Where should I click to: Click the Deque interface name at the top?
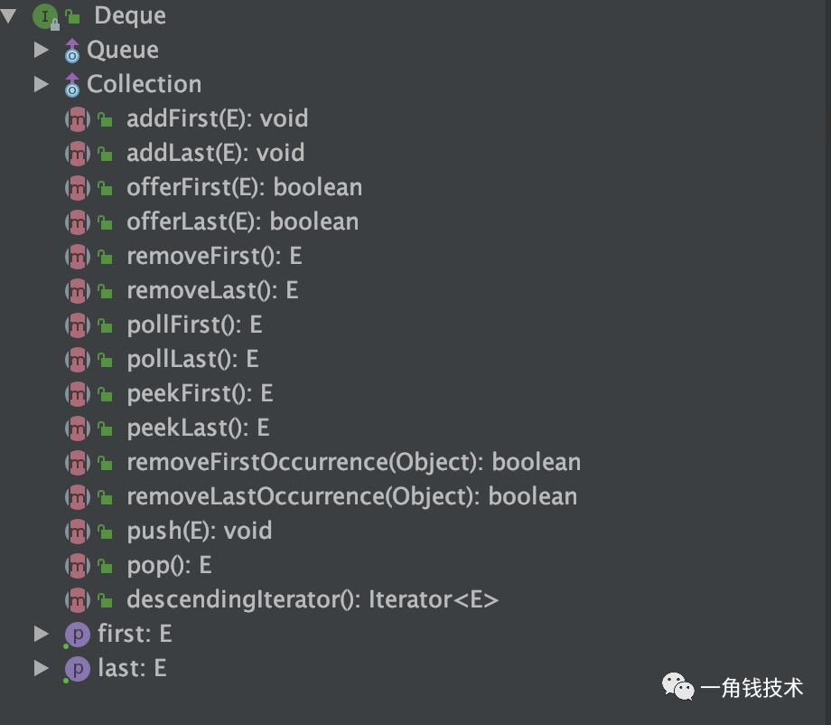click(130, 15)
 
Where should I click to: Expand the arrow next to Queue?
click(41, 50)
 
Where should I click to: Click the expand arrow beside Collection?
click(41, 84)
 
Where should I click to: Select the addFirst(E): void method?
click(217, 118)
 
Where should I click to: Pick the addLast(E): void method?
click(215, 153)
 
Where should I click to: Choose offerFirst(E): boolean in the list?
click(244, 187)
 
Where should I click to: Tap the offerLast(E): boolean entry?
click(242, 221)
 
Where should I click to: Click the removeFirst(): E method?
click(214, 256)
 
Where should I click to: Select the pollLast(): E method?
click(192, 359)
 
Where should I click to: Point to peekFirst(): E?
click(200, 393)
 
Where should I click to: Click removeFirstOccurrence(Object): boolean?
click(353, 462)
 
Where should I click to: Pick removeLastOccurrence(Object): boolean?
click(351, 496)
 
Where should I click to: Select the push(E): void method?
click(199, 531)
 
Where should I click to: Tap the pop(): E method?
click(169, 565)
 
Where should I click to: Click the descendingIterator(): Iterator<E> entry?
click(313, 599)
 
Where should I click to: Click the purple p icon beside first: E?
click(78, 635)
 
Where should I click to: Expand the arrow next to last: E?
click(41, 668)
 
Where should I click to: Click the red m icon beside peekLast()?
click(78, 428)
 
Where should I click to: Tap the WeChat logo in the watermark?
click(679, 688)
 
